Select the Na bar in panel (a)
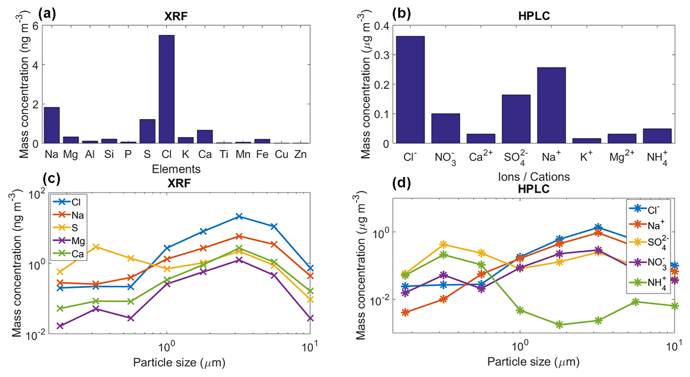(x=52, y=125)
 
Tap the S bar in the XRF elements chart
(x=147, y=131)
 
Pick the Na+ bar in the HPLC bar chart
(x=551, y=105)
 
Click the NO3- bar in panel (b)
(x=445, y=128)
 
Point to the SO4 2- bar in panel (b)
(x=516, y=119)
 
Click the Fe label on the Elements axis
(x=262, y=154)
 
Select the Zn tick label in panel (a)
(x=300, y=154)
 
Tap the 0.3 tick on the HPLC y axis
(x=382, y=55)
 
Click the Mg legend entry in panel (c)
(x=78, y=241)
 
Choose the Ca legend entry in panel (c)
(x=77, y=254)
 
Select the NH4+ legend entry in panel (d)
(x=656, y=283)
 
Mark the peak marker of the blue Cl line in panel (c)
(x=239, y=217)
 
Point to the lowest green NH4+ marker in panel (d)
(x=559, y=325)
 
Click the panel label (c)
(x=51, y=179)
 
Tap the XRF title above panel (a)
(x=176, y=16)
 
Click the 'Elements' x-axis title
(x=176, y=169)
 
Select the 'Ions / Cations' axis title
(x=533, y=176)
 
